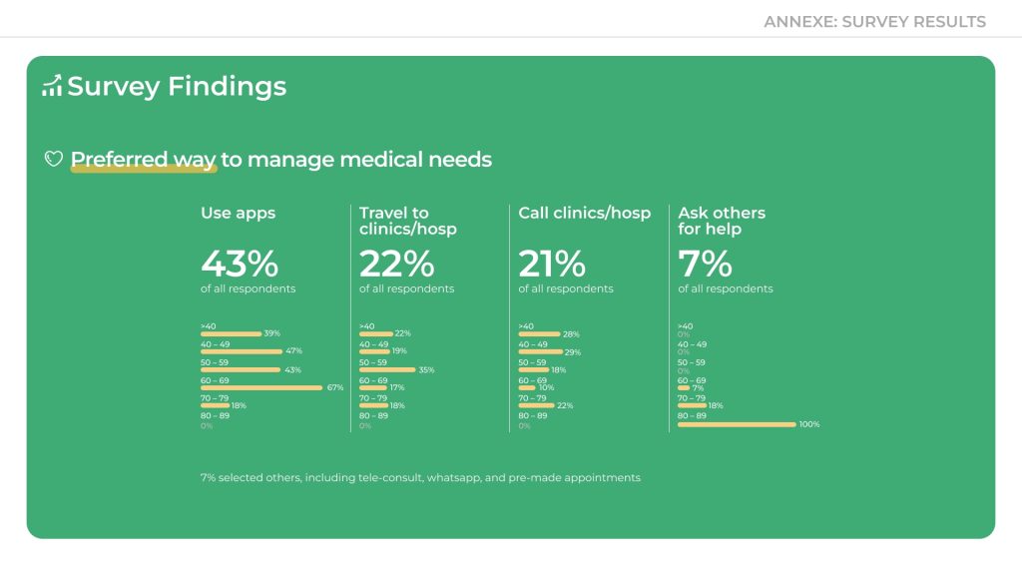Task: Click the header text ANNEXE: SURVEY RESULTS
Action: point(874,21)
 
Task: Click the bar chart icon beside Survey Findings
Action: point(52,87)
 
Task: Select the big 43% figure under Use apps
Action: point(240,264)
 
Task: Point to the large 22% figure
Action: point(396,264)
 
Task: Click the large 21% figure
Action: point(552,264)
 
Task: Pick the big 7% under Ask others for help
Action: point(705,264)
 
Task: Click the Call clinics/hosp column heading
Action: point(584,213)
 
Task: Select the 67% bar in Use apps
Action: point(261,387)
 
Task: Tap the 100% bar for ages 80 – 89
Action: point(737,424)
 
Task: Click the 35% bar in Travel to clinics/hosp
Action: point(387,369)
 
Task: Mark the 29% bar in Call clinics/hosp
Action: point(541,351)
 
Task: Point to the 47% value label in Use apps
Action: point(293,351)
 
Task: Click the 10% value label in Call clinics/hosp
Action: point(546,387)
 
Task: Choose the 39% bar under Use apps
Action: point(231,333)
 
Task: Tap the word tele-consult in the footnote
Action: point(389,478)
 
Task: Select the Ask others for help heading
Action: point(721,221)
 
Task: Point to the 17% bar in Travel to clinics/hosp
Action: point(373,387)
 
